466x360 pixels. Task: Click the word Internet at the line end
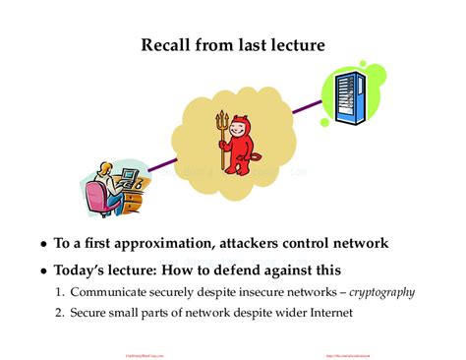[329, 313]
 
